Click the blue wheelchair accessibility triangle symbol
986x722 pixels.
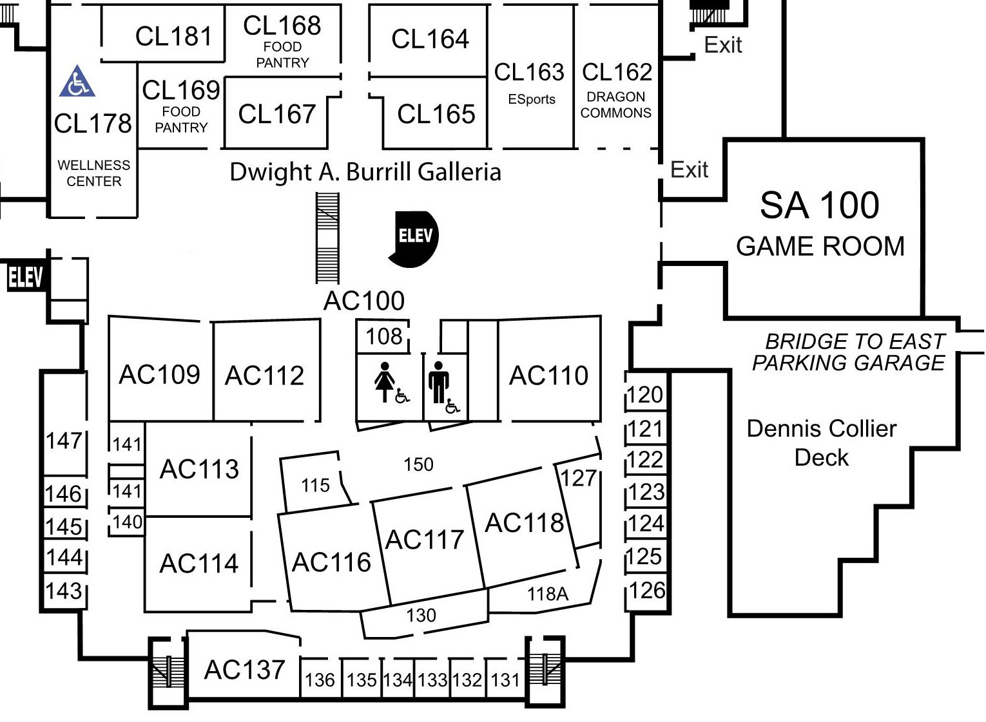(77, 82)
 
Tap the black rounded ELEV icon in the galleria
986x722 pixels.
(414, 237)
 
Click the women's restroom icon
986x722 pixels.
(385, 382)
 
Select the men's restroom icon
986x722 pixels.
(439, 382)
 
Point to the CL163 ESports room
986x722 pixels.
(530, 82)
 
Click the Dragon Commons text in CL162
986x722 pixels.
(616, 105)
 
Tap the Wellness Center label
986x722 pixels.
(94, 173)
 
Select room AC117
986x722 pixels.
(425, 540)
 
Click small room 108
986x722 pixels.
(383, 336)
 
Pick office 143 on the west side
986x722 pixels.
(64, 591)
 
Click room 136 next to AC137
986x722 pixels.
(320, 679)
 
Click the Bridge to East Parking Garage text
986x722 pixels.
(849, 352)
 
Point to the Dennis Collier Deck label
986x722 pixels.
(821, 442)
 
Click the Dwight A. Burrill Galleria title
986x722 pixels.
(365, 172)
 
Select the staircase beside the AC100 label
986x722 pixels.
(327, 238)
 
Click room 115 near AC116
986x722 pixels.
(315, 485)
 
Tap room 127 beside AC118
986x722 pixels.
(578, 478)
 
